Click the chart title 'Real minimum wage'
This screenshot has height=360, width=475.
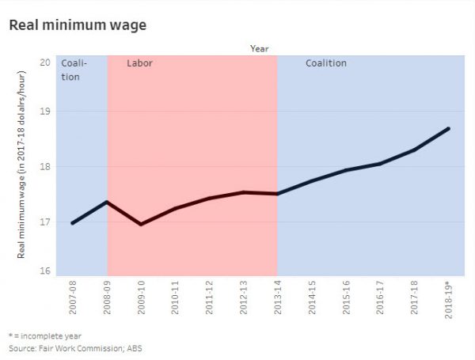[x=78, y=25]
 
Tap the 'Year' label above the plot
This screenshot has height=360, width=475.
[x=259, y=47]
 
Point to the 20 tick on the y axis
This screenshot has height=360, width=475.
[x=46, y=63]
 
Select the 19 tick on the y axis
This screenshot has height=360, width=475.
[x=46, y=112]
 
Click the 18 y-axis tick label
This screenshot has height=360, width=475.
[x=46, y=167]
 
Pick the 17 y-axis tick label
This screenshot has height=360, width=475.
[x=46, y=222]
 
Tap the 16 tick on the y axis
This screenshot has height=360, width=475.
[x=46, y=271]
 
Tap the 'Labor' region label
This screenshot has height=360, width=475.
[x=139, y=63]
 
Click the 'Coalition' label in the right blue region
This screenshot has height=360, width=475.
[x=326, y=63]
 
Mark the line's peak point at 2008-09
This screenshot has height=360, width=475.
[x=107, y=202]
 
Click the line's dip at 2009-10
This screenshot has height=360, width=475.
[x=141, y=224]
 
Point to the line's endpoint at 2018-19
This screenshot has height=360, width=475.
[x=449, y=128]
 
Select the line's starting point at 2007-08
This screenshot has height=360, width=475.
[x=73, y=223]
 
